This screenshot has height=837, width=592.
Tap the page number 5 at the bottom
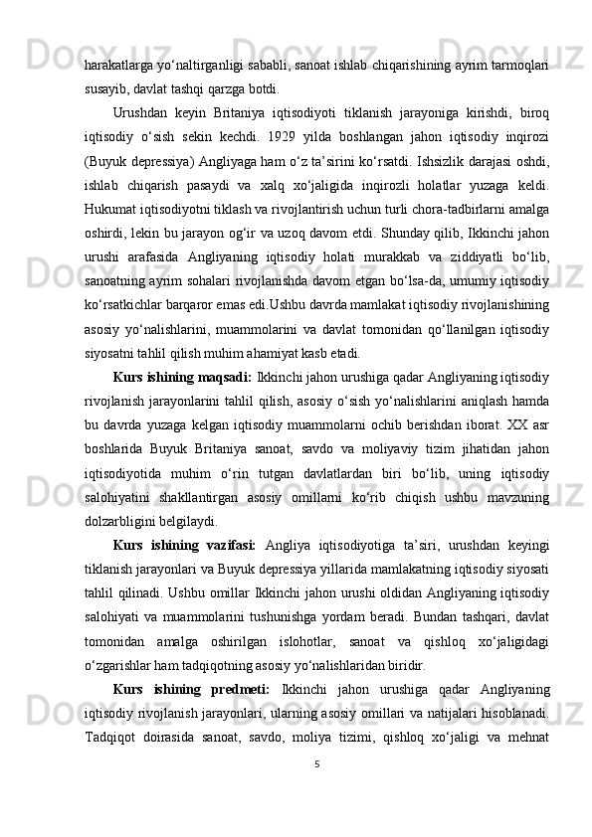pos(317,792)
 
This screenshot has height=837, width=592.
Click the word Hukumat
pos(110,211)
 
